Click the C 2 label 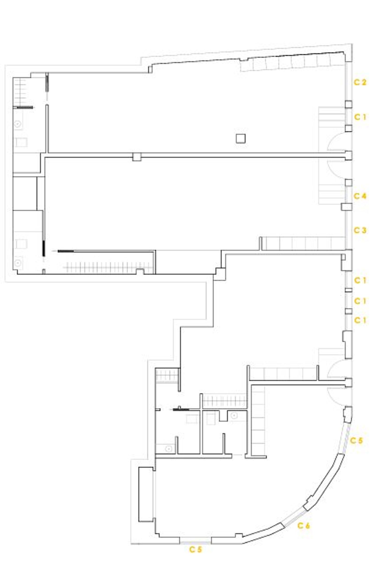click(x=360, y=82)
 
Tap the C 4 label click(x=360, y=196)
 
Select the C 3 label click(x=360, y=230)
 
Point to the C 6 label click(x=303, y=526)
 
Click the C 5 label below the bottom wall click(x=195, y=549)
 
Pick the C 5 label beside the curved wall click(x=357, y=440)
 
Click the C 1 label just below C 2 click(x=360, y=117)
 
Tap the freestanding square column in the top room click(x=241, y=138)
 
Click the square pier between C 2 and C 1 click(x=349, y=104)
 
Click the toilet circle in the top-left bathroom click(x=18, y=124)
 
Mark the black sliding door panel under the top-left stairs click(x=25, y=107)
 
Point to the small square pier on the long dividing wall click(x=137, y=157)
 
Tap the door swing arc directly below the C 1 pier click(x=336, y=141)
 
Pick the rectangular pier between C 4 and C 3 click(x=346, y=207)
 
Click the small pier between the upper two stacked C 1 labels click(x=349, y=290)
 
